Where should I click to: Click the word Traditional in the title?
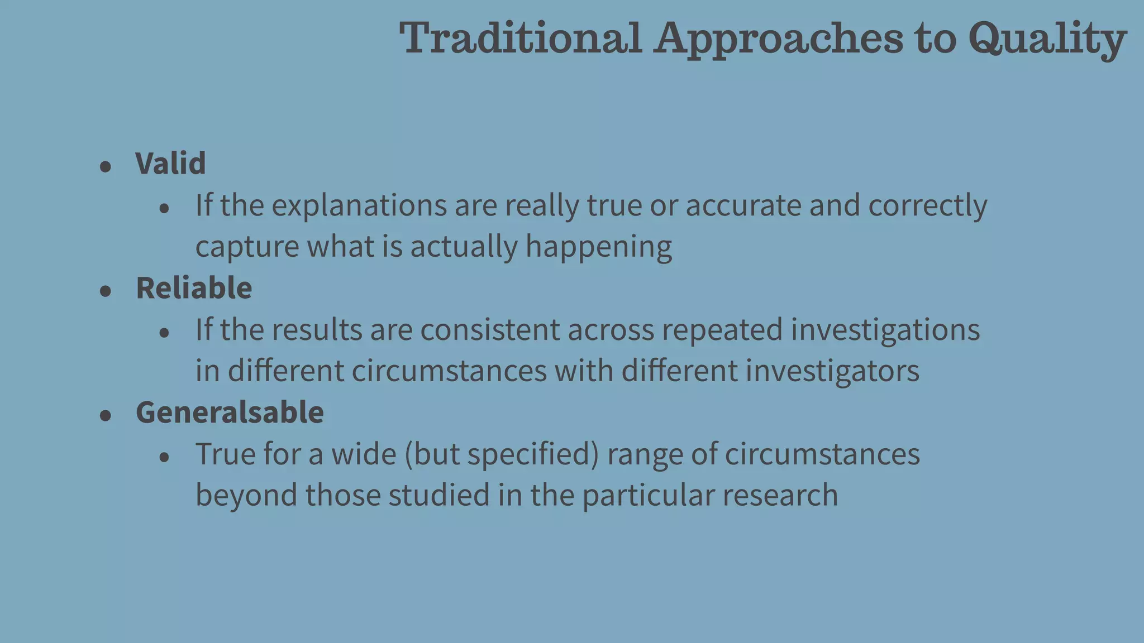(x=521, y=38)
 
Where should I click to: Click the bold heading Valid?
(x=170, y=164)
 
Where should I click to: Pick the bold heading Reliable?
(x=194, y=288)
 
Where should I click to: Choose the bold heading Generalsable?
(x=230, y=412)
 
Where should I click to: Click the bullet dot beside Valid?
(x=106, y=166)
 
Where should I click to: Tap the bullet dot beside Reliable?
(x=106, y=291)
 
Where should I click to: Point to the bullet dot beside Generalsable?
(x=106, y=415)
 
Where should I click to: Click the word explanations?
(x=359, y=206)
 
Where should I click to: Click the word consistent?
(x=490, y=329)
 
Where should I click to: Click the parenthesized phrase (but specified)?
(x=502, y=454)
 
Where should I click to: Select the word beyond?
(x=246, y=496)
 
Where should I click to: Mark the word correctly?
(x=927, y=206)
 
